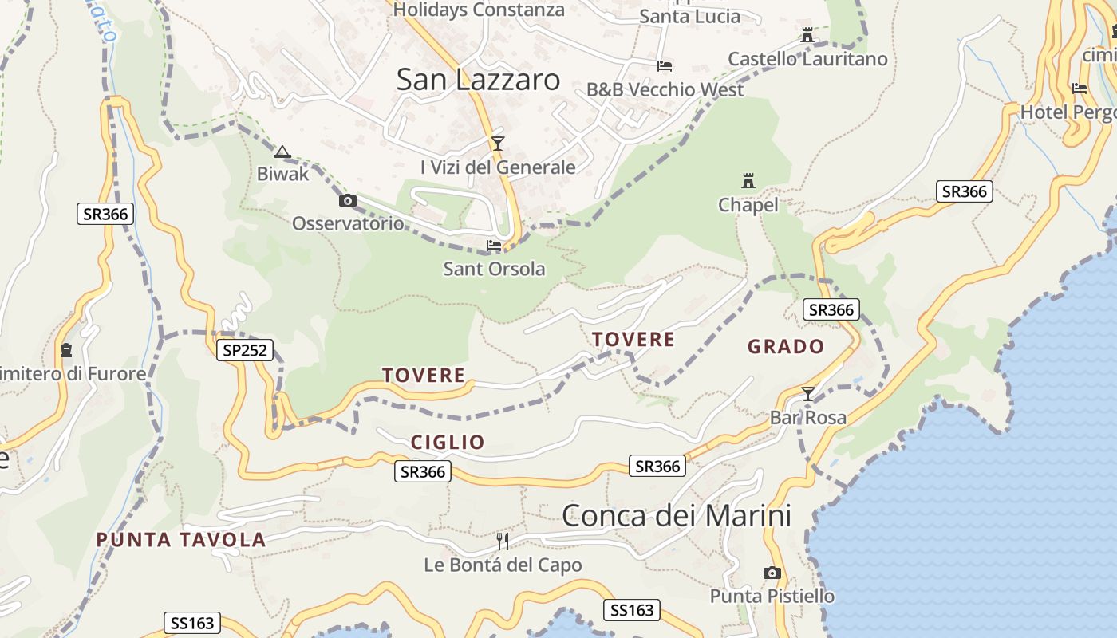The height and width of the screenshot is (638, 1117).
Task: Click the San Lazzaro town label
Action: click(478, 79)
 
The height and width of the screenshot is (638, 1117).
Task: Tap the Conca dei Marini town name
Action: click(677, 516)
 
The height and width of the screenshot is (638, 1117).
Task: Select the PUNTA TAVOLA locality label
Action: click(180, 540)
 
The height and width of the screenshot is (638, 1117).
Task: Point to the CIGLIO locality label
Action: click(448, 443)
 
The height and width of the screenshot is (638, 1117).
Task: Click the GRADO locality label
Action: click(786, 347)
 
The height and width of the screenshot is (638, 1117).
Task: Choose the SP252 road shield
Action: click(245, 349)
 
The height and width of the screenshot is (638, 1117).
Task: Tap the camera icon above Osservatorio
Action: click(348, 201)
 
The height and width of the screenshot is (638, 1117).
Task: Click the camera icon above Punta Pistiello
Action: click(772, 573)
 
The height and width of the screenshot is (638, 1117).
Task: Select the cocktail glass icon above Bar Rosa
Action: click(808, 393)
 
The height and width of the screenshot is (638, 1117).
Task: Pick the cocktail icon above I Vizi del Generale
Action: click(498, 144)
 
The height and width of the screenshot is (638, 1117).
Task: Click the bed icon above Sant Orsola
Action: click(494, 246)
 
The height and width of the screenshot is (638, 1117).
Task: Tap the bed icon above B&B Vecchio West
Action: click(665, 65)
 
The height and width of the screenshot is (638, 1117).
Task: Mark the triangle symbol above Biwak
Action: click(282, 152)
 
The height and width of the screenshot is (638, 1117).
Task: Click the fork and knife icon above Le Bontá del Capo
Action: click(503, 542)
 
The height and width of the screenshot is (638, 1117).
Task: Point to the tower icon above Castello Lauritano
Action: click(807, 35)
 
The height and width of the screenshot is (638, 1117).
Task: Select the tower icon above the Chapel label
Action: click(748, 181)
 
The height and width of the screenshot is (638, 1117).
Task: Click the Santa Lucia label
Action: click(690, 16)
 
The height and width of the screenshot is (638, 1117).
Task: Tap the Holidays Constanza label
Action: click(479, 10)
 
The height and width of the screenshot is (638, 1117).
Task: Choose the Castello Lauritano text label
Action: click(807, 59)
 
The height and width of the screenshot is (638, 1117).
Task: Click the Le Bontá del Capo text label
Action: click(503, 565)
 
